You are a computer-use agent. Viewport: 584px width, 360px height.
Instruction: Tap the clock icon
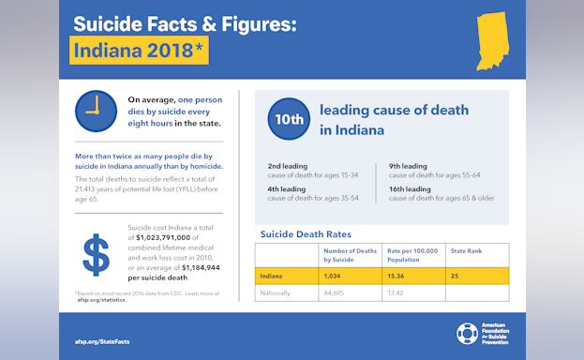click(95, 111)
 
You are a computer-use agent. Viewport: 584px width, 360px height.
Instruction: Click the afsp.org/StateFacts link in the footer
click(102, 340)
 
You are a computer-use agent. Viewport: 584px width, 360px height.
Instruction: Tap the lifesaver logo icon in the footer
click(466, 334)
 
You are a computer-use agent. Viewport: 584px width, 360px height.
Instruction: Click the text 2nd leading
click(288, 166)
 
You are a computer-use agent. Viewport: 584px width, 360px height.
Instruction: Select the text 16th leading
click(411, 189)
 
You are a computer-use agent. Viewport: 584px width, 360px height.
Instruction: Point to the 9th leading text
click(409, 166)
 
